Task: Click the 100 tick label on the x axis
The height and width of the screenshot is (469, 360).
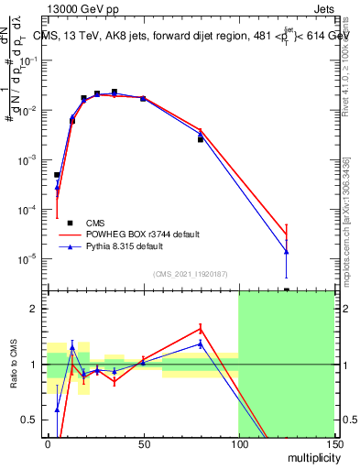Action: click(x=238, y=443)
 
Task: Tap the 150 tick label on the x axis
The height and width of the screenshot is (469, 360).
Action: click(x=333, y=443)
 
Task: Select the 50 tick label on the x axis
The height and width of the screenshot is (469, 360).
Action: click(x=144, y=443)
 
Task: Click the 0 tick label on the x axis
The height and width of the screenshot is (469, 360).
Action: click(x=48, y=443)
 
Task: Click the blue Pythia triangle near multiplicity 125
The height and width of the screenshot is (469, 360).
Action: click(x=287, y=252)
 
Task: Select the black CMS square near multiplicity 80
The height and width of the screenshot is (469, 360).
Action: click(x=201, y=140)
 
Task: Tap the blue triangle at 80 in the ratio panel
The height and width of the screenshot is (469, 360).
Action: click(x=201, y=344)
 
